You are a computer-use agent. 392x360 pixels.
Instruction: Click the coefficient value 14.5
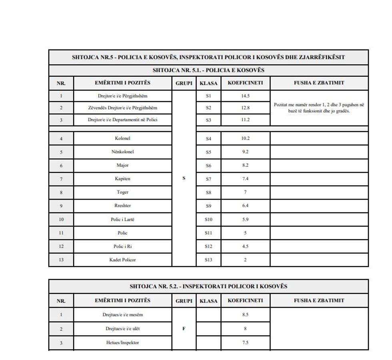[x=245, y=96]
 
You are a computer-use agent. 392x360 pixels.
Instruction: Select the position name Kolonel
[x=122, y=138]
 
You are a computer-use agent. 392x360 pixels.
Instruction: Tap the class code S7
[x=208, y=179]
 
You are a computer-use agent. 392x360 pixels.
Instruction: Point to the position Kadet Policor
[x=122, y=260]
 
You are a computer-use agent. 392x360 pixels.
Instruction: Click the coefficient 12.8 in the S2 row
[x=245, y=108]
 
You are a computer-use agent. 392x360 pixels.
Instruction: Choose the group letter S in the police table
[x=184, y=178]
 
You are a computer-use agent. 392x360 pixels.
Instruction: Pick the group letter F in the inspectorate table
[x=184, y=328]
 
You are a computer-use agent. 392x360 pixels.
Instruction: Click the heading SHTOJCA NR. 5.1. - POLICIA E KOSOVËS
[x=208, y=70]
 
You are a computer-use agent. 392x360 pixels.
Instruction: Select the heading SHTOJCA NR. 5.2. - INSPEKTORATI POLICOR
[x=208, y=286]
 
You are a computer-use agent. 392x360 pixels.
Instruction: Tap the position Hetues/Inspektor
[x=122, y=342]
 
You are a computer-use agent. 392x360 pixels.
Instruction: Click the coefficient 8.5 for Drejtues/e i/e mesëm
[x=245, y=314]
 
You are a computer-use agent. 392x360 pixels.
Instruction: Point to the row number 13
[x=61, y=260]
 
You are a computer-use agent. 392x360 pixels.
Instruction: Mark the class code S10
[x=208, y=220]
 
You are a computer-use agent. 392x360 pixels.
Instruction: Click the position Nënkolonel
[x=122, y=152]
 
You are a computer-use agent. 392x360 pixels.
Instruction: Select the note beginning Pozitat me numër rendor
[x=319, y=108]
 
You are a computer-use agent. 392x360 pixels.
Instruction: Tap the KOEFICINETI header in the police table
[x=245, y=83]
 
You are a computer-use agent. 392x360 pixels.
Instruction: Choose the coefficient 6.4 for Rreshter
[x=245, y=206]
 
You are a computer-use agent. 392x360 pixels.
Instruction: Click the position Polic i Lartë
[x=122, y=219]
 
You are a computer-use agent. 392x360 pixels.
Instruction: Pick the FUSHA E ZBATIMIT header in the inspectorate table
[x=319, y=300]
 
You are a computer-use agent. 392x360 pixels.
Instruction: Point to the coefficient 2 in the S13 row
[x=245, y=260]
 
